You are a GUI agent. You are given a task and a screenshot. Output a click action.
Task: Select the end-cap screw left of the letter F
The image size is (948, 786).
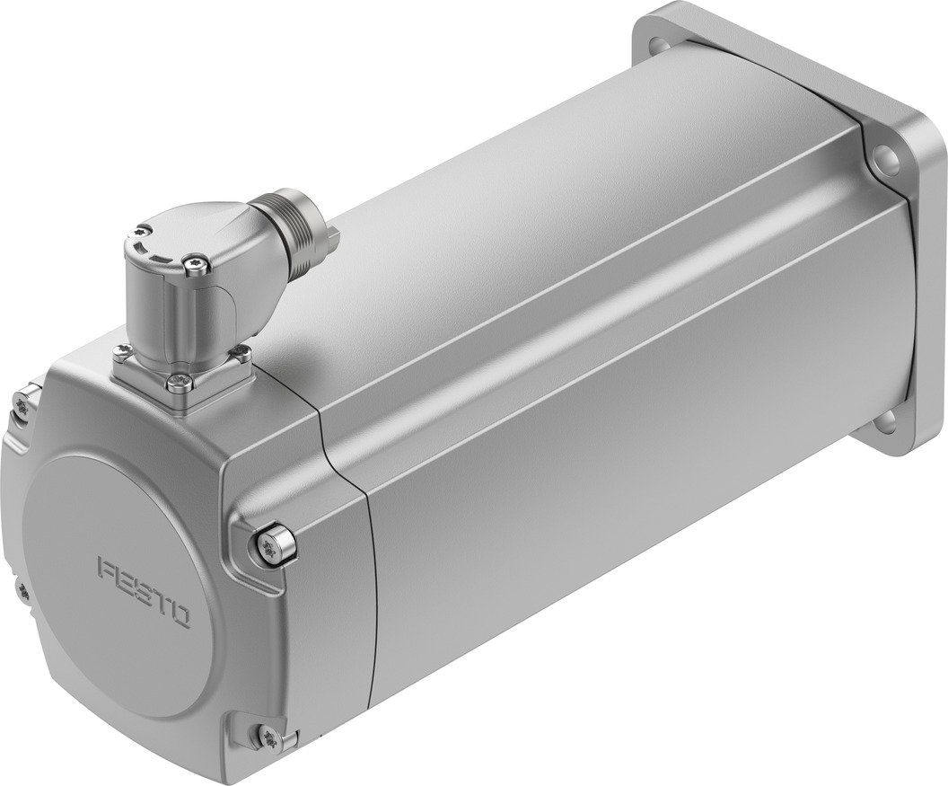22,590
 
